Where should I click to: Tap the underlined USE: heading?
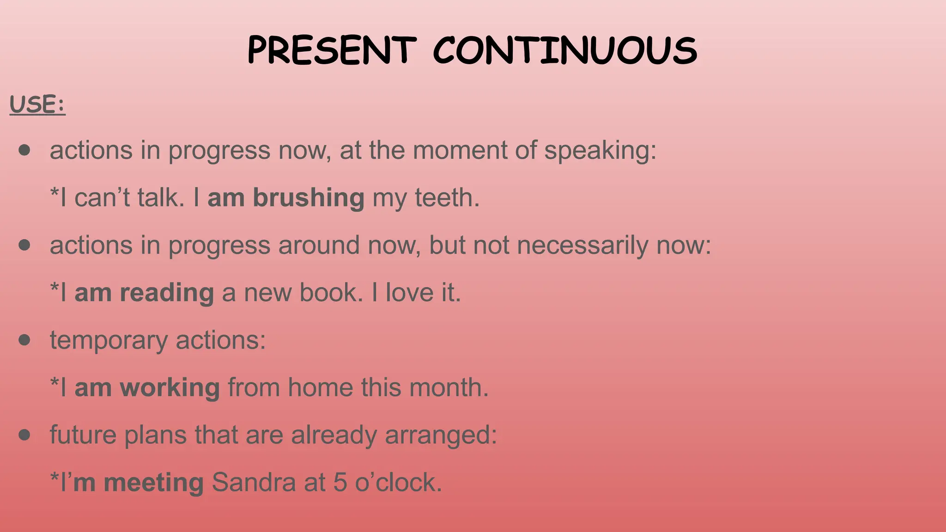[37, 104]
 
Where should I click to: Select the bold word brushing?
[309, 198]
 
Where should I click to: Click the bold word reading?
[167, 293]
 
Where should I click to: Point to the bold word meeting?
[153, 483]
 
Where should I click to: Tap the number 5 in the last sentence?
[340, 483]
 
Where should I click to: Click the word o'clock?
[398, 483]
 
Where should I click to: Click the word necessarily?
[582, 245]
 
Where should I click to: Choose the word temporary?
[109, 341]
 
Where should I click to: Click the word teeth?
[447, 198]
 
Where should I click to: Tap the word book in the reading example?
[331, 293]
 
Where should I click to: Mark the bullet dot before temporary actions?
[24, 340]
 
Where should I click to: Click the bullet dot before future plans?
[24, 435]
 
